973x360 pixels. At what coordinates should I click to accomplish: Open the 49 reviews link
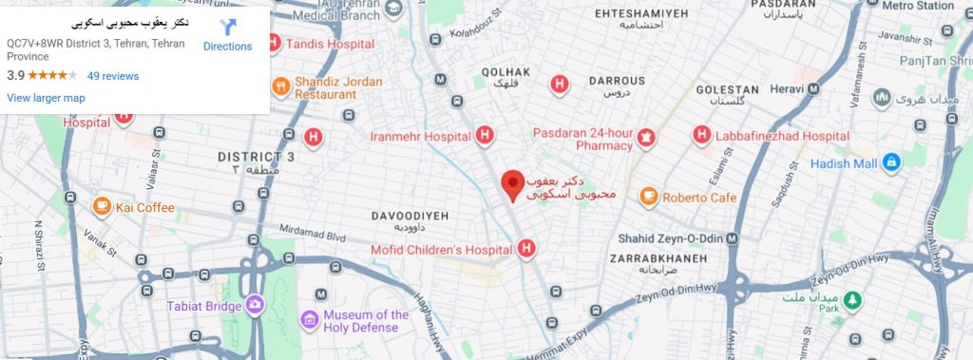click(x=112, y=76)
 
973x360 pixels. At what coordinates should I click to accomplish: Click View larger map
click(x=46, y=98)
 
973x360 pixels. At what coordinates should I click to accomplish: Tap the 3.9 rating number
click(x=15, y=76)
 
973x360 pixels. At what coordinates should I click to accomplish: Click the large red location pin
click(x=512, y=184)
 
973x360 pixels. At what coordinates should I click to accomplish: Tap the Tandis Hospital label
click(x=322, y=43)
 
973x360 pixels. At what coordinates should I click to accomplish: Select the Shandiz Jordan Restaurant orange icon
click(x=281, y=87)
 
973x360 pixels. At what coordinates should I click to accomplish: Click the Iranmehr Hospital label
click(x=421, y=137)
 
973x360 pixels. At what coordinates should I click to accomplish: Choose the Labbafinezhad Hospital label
click(x=772, y=137)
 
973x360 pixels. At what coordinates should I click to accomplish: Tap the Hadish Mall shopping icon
click(x=891, y=162)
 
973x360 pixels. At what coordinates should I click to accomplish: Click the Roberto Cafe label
click(x=699, y=198)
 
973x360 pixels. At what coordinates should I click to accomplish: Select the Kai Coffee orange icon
click(x=102, y=207)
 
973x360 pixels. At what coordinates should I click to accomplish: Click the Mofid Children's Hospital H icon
click(x=526, y=250)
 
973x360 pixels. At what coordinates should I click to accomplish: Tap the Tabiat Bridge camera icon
click(x=254, y=305)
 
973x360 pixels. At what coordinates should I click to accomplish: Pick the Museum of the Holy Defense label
click(x=366, y=322)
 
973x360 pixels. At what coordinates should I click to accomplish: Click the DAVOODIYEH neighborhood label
click(x=409, y=217)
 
